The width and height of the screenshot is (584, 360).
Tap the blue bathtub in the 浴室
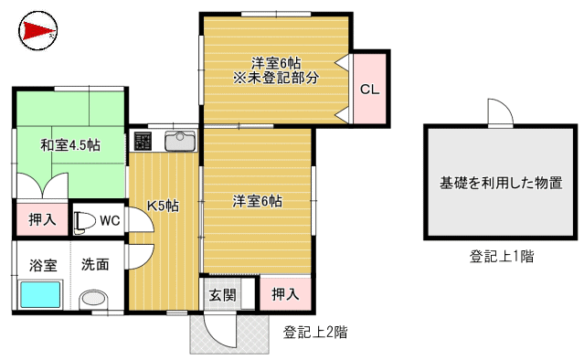pos(40,294)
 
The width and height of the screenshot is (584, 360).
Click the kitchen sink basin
pos(180,141)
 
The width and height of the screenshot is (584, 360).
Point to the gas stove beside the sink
pos(143,141)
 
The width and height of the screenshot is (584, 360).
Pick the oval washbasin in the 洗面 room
pos(94,300)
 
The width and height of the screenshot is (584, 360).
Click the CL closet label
pos(369,90)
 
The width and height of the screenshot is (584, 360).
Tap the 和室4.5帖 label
pos(70,144)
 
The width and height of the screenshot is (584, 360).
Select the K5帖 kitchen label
pos(163,206)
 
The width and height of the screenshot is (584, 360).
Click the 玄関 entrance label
pos(222,295)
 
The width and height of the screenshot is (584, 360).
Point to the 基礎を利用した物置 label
pos(501,183)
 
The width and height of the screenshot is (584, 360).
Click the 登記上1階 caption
pos(502,256)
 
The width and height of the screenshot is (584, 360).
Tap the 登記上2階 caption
pos(315,332)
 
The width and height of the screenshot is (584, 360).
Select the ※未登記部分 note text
pos(276,79)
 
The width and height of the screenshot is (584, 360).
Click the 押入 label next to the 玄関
pos(285,294)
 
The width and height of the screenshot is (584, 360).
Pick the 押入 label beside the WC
pos(42,219)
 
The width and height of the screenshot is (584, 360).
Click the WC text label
pos(110,220)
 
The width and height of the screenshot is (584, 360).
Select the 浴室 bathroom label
pos(43,265)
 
